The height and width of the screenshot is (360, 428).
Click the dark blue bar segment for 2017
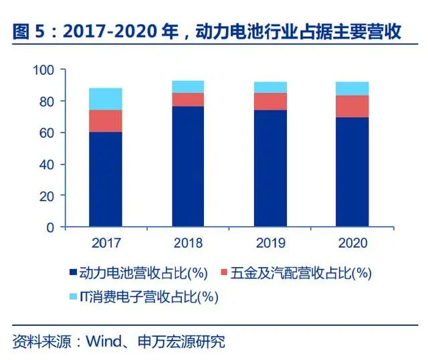(106, 179)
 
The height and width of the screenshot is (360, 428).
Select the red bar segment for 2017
(106, 121)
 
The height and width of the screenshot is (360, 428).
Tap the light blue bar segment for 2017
(106, 99)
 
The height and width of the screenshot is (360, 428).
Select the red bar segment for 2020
(352, 106)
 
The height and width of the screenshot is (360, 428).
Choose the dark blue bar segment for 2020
(352, 172)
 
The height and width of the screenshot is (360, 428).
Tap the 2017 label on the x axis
(106, 242)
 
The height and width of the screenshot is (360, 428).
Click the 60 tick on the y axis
(47, 132)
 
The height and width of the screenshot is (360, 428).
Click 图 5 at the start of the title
(25, 32)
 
